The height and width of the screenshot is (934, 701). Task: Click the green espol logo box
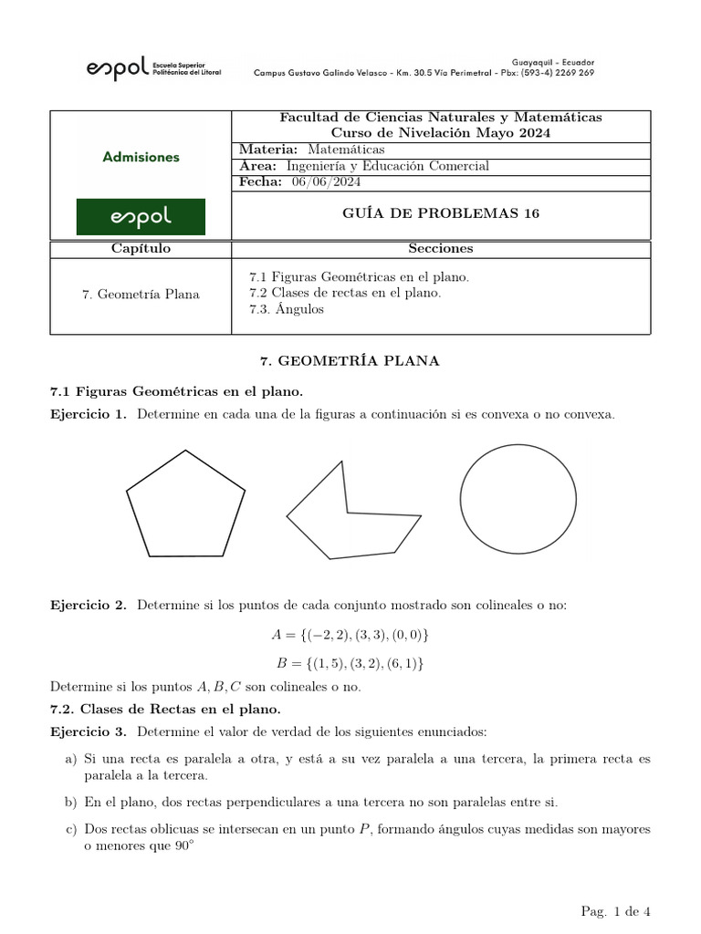(x=141, y=217)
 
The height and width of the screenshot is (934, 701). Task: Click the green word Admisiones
(x=141, y=157)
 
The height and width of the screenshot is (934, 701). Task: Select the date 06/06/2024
(x=326, y=182)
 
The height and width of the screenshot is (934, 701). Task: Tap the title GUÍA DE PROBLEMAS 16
(x=441, y=214)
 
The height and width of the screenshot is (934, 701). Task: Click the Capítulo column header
(x=141, y=249)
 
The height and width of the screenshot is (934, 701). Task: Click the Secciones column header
(x=441, y=249)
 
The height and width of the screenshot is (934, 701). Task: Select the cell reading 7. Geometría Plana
(x=141, y=294)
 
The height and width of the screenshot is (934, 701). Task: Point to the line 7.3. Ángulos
(x=287, y=309)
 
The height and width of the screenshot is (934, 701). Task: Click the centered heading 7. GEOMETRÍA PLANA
(x=350, y=361)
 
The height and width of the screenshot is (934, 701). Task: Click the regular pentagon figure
(x=186, y=506)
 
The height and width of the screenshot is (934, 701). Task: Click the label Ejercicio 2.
(x=89, y=606)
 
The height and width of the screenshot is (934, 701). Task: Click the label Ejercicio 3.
(x=89, y=732)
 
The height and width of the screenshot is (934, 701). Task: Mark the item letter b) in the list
(x=71, y=803)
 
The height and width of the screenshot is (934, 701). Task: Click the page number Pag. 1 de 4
(x=614, y=911)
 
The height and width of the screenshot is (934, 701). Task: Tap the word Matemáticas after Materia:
(x=346, y=150)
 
